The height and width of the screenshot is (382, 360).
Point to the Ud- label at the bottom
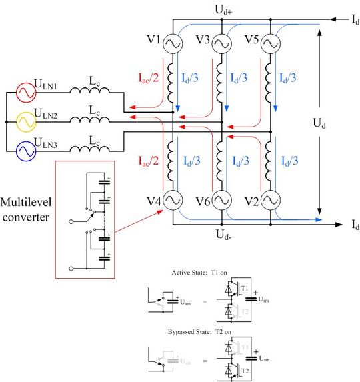(x=223, y=234)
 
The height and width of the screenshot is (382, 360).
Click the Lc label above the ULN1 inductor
(x=95, y=79)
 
